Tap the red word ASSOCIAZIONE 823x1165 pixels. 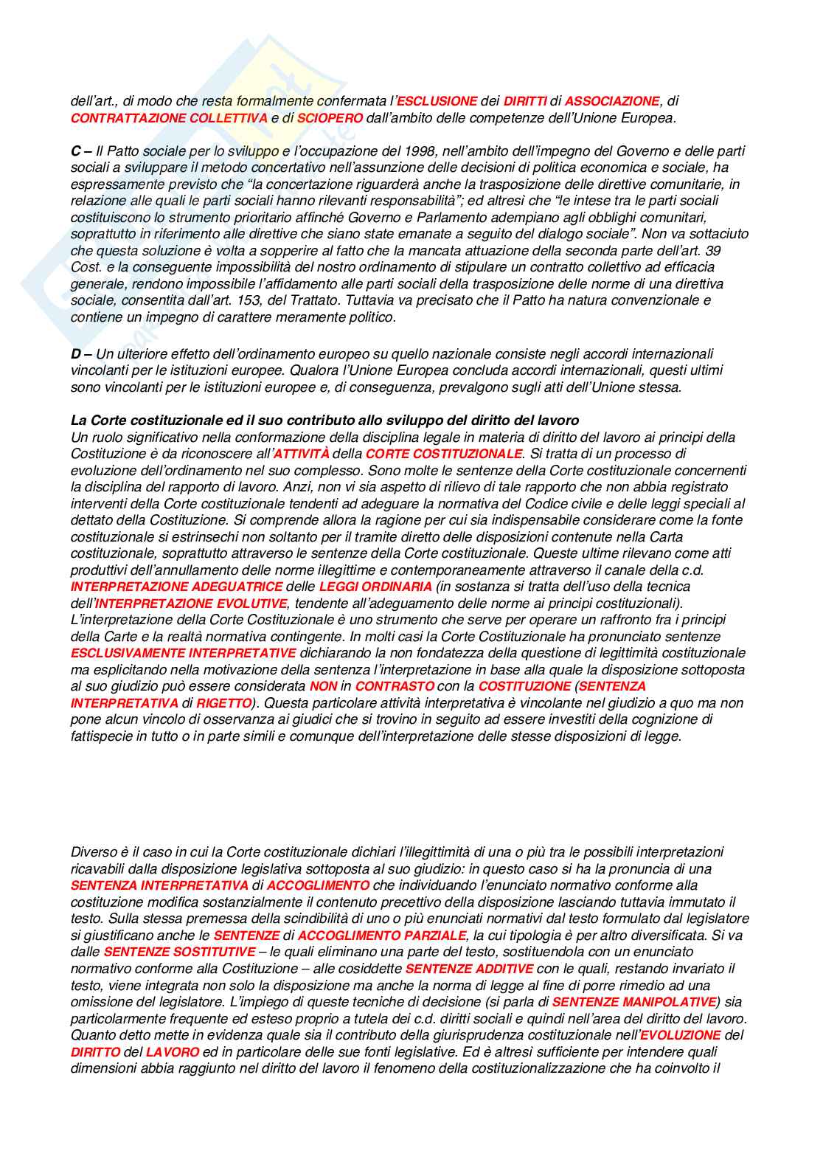pyautogui.click(x=611, y=101)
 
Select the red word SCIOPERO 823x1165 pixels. pyautogui.click(x=330, y=118)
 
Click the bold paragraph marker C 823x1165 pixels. pyautogui.click(x=76, y=151)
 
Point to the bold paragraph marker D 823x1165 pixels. pyautogui.click(x=76, y=354)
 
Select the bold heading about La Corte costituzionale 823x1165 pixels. pyautogui.click(x=324, y=421)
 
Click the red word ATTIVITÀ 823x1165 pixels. pyautogui.click(x=301, y=454)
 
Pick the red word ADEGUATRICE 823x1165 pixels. pyautogui.click(x=237, y=587)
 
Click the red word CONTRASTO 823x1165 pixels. pyautogui.click(x=395, y=686)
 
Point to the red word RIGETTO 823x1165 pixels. pyautogui.click(x=223, y=703)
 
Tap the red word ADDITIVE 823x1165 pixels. pyautogui.click(x=504, y=969)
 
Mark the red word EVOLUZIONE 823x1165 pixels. pyautogui.click(x=680, y=1035)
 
